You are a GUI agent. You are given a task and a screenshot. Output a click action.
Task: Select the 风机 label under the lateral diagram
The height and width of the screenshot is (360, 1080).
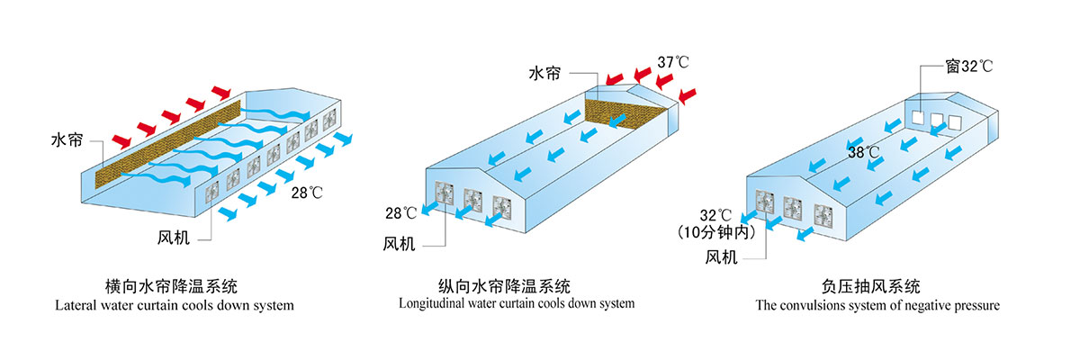tap(173, 240)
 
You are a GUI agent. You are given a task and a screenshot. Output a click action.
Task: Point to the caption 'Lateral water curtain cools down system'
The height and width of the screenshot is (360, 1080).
tap(175, 306)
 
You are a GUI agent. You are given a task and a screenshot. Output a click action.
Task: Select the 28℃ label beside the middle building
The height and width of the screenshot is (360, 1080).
tap(400, 213)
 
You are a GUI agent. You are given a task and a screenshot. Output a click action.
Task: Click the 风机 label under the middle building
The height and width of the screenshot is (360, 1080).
tap(399, 243)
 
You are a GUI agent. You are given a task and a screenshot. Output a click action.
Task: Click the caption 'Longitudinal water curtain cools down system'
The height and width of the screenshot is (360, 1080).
tap(517, 304)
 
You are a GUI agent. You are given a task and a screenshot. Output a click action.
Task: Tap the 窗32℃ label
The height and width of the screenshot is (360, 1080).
tap(968, 66)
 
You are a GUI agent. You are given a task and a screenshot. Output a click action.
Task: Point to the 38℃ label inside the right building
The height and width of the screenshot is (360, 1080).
tap(863, 152)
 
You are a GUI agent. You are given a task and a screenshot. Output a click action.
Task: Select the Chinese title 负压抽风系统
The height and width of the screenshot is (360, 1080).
tap(870, 288)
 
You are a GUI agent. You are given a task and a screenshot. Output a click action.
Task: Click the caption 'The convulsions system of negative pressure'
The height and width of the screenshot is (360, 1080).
tap(877, 306)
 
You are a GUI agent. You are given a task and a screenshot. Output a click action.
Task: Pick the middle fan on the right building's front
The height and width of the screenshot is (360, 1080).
tap(793, 208)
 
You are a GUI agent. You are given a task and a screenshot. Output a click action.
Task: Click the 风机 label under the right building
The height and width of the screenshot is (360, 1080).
tap(722, 257)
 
